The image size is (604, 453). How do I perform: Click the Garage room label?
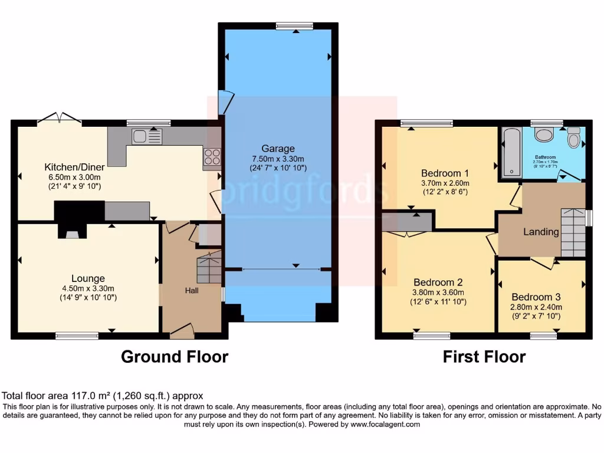(x=279, y=149)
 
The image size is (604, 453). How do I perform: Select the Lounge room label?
(x=88, y=278)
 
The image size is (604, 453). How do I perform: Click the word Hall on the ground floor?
(x=192, y=290)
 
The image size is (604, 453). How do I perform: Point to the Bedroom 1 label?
(x=445, y=173)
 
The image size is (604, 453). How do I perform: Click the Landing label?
(x=541, y=232)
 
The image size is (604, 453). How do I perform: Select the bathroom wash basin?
(x=543, y=134)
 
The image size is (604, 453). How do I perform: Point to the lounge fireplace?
(x=71, y=232)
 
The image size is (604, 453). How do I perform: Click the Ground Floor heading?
(x=175, y=356)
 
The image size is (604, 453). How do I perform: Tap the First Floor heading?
(x=484, y=356)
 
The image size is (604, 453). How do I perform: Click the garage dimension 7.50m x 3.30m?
(x=279, y=159)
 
